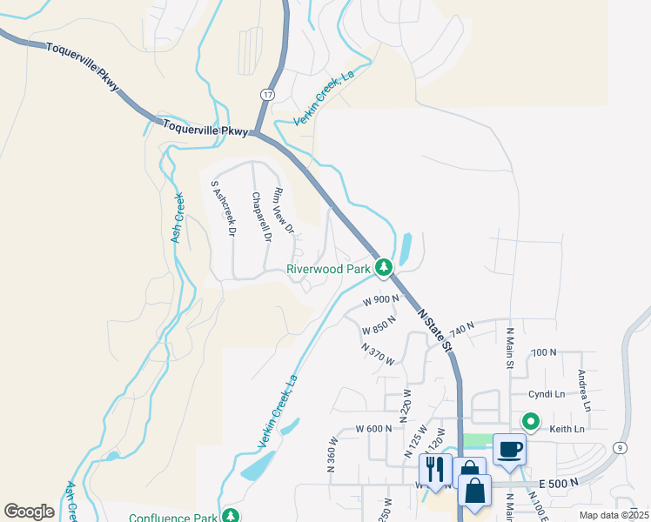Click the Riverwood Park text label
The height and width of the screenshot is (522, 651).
click(x=328, y=270)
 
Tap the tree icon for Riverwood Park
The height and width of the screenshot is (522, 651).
click(x=384, y=267)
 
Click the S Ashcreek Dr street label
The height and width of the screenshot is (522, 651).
click(x=224, y=209)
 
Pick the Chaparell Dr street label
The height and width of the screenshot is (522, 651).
click(x=261, y=217)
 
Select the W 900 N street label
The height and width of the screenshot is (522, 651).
click(x=381, y=300)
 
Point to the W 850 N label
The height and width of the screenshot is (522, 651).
click(x=379, y=325)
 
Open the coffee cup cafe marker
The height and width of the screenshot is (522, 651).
click(x=509, y=450)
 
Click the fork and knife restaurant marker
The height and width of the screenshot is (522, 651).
click(x=435, y=470)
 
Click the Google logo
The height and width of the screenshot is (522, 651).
click(x=29, y=512)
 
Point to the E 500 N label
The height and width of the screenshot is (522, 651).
click(x=558, y=483)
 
